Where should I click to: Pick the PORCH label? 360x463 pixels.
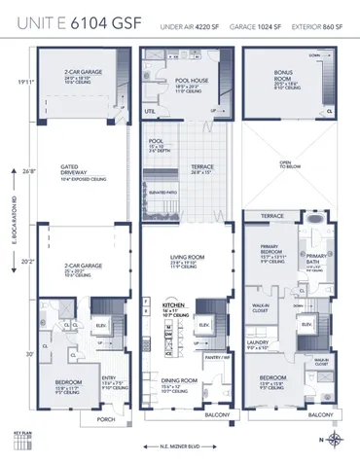pyautogui.click(x=104, y=421)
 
